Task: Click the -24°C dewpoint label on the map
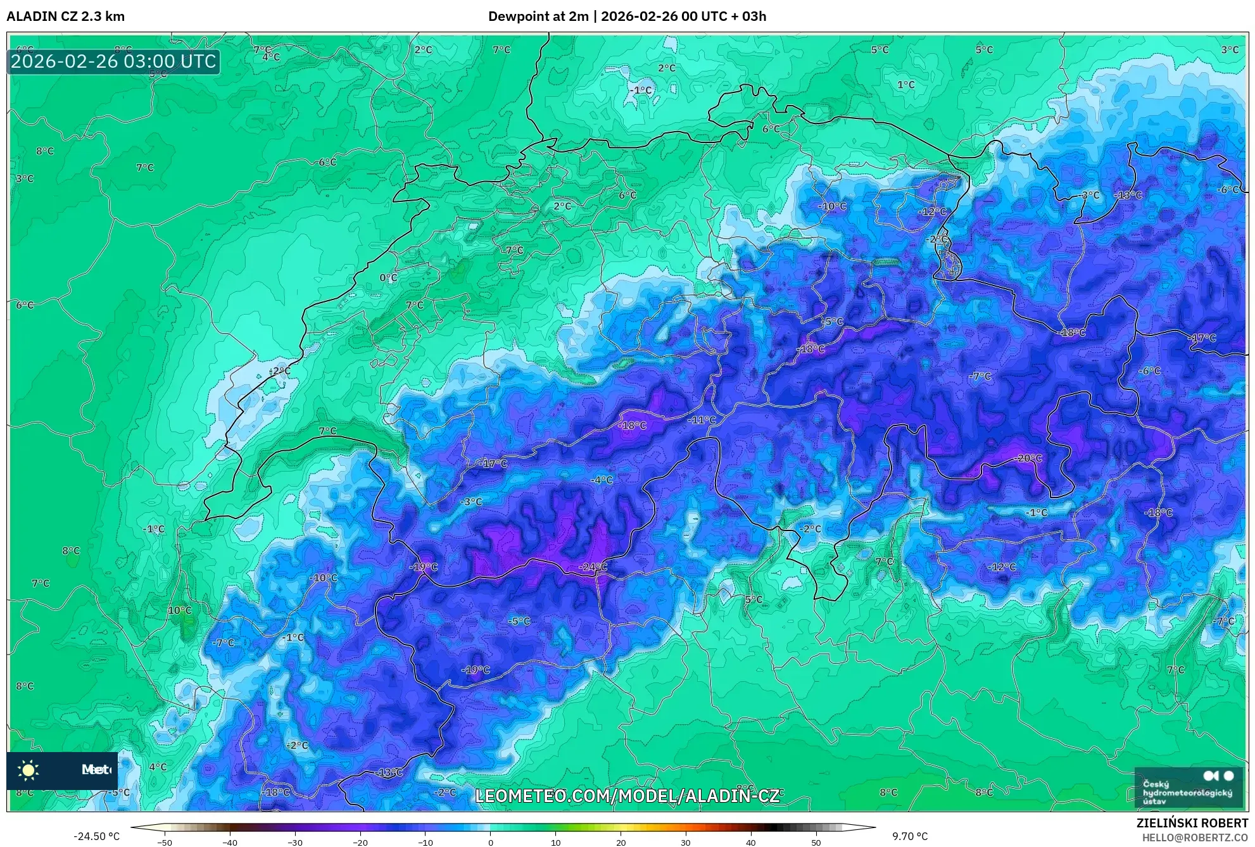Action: click(x=593, y=567)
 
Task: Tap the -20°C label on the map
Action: click(x=1028, y=458)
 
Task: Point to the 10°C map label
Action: click(x=179, y=610)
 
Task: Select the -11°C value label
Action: click(x=702, y=420)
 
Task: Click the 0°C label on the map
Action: click(x=388, y=277)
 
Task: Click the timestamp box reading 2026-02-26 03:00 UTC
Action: click(x=114, y=61)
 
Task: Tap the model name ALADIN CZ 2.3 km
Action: click(x=66, y=16)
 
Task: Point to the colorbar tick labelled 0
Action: click(x=490, y=843)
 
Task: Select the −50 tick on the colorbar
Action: click(x=164, y=843)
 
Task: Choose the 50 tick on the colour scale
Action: click(x=816, y=843)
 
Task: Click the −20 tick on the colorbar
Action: click(x=360, y=843)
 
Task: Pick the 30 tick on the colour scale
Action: click(x=686, y=843)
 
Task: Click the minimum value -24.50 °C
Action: click(x=96, y=836)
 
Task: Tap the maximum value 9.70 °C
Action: click(x=910, y=836)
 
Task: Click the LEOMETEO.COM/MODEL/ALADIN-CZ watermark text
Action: click(x=627, y=796)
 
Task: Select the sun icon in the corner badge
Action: click(x=28, y=770)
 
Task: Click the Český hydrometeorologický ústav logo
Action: click(x=1189, y=786)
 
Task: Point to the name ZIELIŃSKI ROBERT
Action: click(x=1192, y=824)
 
